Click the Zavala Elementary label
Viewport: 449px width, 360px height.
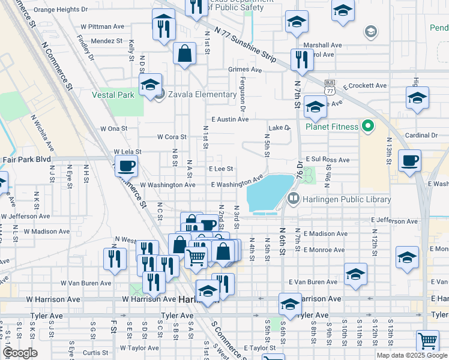[x=202, y=94]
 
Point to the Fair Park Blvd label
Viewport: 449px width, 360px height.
[x=25, y=160]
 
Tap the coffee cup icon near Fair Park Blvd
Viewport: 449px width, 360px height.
[x=125, y=166]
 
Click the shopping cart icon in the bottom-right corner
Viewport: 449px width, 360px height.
[x=427, y=341]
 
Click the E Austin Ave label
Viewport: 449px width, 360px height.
[x=230, y=119]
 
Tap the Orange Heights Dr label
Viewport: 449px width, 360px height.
[x=61, y=10]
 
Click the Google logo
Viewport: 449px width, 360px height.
[x=20, y=353]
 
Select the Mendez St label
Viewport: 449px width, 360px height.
[x=107, y=41]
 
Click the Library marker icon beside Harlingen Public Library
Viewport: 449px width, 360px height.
[x=294, y=199]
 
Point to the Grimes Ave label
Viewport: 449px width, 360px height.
[x=245, y=70]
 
